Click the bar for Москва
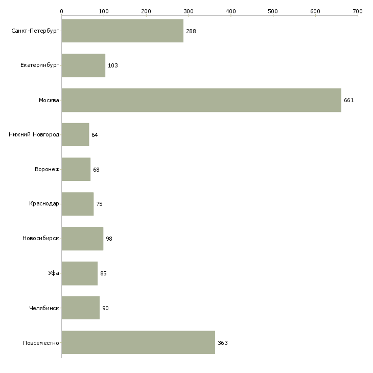click(x=201, y=100)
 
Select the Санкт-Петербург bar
click(x=123, y=31)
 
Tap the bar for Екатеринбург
click(x=83, y=65)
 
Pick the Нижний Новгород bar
click(x=76, y=135)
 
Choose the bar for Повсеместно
click(x=138, y=342)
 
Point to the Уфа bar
click(x=80, y=273)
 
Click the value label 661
click(x=349, y=100)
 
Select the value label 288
click(x=191, y=31)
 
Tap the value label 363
click(x=223, y=343)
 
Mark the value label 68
click(x=96, y=170)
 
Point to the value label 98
click(x=109, y=239)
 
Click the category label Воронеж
click(x=47, y=169)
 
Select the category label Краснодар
click(x=44, y=204)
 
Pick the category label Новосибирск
click(x=41, y=238)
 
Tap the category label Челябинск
click(x=44, y=308)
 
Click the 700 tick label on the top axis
click(x=358, y=11)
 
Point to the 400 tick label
click(x=231, y=11)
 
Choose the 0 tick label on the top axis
click(x=62, y=11)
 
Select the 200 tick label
click(x=146, y=11)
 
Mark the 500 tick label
click(x=273, y=11)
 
